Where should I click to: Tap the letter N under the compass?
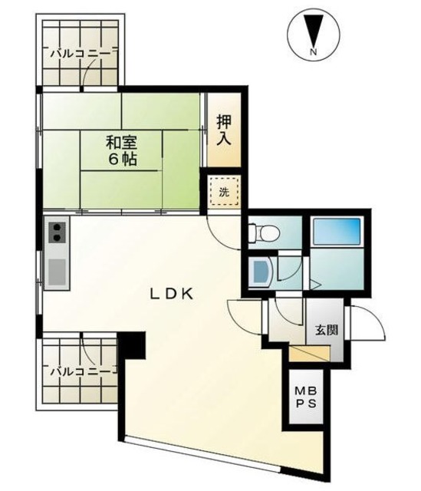tap(312, 52)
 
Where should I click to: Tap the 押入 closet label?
tap(225, 130)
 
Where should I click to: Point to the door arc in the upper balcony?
tap(94, 71)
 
